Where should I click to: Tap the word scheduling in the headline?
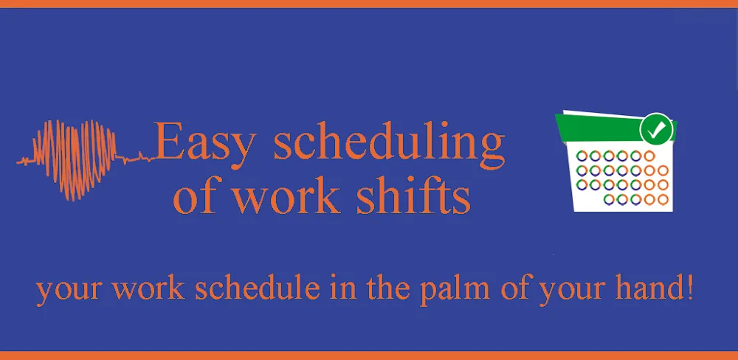(x=389, y=145)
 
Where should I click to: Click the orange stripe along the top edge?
(x=369, y=4)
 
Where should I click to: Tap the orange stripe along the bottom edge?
(x=369, y=356)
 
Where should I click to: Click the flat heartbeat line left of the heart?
(x=26, y=159)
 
